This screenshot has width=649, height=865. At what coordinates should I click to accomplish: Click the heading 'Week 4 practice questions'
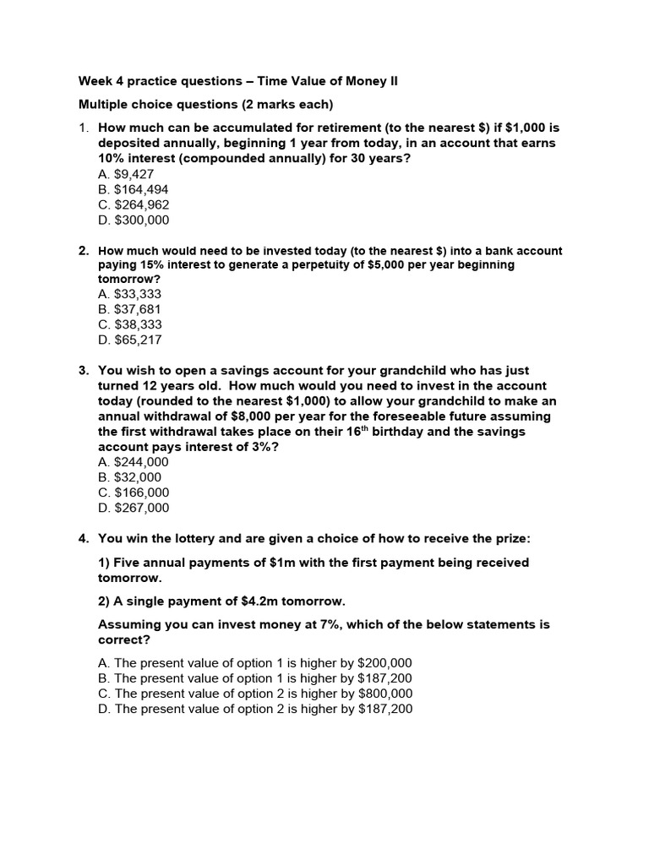coord(237,81)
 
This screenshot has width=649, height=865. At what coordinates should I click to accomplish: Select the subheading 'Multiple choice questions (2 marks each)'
coord(206,105)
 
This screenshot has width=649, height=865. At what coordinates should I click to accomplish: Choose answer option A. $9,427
coord(126,174)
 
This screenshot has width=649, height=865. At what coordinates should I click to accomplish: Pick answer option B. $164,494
coord(134,189)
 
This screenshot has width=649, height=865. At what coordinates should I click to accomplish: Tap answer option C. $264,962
coord(134,204)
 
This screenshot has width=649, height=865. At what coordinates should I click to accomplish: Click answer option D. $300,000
coord(134,220)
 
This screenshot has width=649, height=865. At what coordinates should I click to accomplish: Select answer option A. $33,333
coord(129,294)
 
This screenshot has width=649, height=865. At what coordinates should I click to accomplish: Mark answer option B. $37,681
coord(129,309)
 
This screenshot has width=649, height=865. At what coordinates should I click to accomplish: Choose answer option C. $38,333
coord(130,324)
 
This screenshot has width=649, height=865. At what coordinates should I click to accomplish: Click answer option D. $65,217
coord(130,340)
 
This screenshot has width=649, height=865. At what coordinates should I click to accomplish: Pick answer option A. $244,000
coord(134,462)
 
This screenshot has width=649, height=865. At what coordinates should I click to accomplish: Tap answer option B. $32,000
coord(129,477)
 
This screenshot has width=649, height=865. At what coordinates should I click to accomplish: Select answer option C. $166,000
coord(134,492)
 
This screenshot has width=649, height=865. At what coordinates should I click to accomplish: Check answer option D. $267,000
coord(134,508)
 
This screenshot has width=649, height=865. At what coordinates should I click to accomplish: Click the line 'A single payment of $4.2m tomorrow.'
coord(222,601)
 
